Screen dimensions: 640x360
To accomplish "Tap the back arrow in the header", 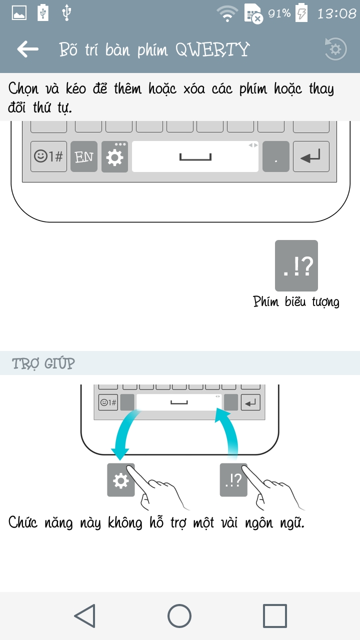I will click(28, 49).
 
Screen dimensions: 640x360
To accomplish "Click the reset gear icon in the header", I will click(335, 49).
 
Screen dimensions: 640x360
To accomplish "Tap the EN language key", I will click(84, 157).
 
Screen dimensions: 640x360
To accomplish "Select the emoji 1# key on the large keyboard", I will click(48, 157).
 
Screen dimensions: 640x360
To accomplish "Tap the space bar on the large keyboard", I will click(195, 157).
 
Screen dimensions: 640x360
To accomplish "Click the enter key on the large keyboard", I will click(310, 157).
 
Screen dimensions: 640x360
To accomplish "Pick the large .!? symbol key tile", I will click(296, 265).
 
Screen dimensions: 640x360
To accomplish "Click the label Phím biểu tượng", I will click(296, 302).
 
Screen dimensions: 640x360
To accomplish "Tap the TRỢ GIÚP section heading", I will click(43, 363).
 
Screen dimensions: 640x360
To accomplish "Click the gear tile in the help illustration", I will click(120, 480).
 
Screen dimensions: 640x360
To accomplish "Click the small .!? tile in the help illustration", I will click(233, 480).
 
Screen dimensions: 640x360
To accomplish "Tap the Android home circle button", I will click(179, 616).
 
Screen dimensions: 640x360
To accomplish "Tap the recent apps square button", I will click(275, 616).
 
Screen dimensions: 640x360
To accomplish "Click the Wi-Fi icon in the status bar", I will click(227, 14).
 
